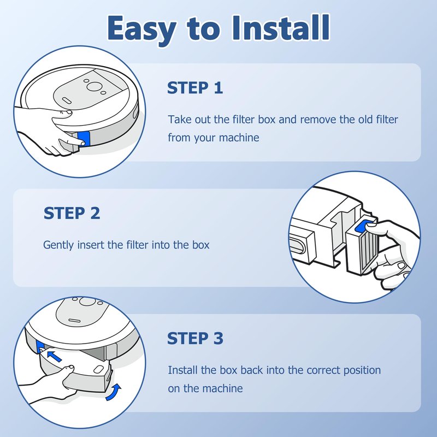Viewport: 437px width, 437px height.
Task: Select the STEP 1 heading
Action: point(195,88)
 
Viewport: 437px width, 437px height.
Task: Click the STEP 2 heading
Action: point(72,213)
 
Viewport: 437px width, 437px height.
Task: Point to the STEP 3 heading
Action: point(195,338)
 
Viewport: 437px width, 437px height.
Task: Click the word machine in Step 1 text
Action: point(239,138)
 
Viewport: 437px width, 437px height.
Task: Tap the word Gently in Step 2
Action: point(58,245)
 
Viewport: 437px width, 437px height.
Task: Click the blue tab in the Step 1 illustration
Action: point(84,139)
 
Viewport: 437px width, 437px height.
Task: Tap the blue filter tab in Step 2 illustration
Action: point(363,226)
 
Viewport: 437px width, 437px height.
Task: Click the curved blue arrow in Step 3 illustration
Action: point(114,392)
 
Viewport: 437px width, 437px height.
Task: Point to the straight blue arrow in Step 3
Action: point(54,356)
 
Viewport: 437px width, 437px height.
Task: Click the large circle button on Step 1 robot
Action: point(93,86)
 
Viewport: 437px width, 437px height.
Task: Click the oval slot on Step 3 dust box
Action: point(98,370)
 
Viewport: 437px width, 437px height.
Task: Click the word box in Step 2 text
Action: point(200,245)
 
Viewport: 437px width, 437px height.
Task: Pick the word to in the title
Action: point(204,29)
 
